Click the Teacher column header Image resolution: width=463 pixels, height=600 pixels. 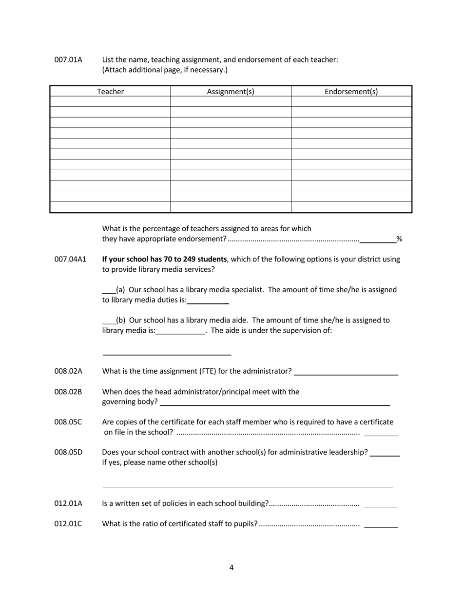pos(110,92)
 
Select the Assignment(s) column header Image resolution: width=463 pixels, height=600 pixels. pos(231,92)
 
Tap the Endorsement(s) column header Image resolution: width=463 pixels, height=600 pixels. pos(351,92)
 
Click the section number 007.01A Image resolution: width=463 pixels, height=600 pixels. pos(68,60)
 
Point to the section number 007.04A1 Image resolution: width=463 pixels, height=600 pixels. pos(70,259)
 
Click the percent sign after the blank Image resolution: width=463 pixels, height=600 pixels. pos(399,239)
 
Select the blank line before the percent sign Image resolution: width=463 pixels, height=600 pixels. pos(378,241)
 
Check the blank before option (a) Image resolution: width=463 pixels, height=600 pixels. pos(108,292)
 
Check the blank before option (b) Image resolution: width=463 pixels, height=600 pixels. pos(108,323)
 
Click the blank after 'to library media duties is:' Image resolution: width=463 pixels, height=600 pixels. pos(208,303)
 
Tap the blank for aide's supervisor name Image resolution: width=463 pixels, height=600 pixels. pos(166,354)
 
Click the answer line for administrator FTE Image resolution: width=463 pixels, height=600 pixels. pos(346,374)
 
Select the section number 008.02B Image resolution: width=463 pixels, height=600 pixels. pos(68,392)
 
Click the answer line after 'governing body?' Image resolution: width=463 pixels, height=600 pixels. pos(275,404)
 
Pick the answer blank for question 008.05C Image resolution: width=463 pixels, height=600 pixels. pos(381,435)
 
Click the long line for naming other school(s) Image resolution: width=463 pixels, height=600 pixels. pos(247,486)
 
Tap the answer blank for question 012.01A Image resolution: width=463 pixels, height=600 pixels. pos(381,506)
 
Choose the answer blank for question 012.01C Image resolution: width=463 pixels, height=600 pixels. pos(381,527)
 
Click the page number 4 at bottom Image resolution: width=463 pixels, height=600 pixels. pos(231,567)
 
